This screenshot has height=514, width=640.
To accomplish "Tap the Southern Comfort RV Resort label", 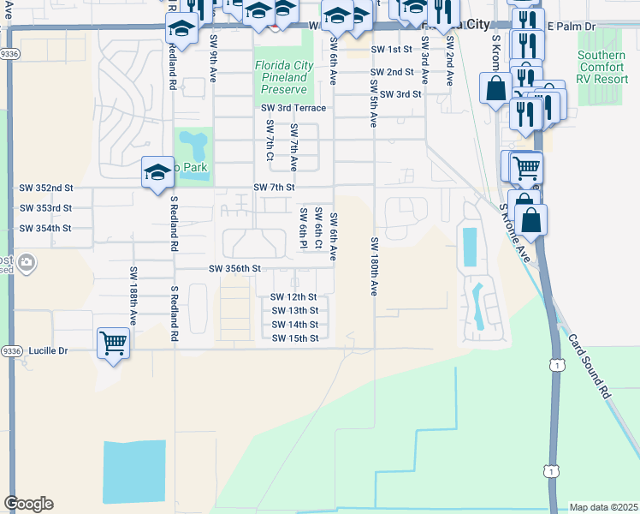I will (601, 68).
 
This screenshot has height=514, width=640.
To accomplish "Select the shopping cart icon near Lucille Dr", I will (113, 344).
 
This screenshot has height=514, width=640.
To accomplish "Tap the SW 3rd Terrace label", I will (293, 108).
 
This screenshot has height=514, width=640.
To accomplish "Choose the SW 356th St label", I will (234, 268).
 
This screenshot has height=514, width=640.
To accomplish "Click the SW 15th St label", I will (295, 338).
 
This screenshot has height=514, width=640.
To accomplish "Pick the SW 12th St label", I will (293, 296).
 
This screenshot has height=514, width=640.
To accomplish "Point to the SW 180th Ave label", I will (374, 266).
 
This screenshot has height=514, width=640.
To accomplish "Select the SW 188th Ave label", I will (133, 295).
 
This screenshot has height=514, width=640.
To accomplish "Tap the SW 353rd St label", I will (45, 208).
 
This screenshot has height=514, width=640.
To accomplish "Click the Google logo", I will (28, 504).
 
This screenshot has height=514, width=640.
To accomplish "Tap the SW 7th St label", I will (274, 187).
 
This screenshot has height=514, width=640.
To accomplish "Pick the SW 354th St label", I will (45, 229).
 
